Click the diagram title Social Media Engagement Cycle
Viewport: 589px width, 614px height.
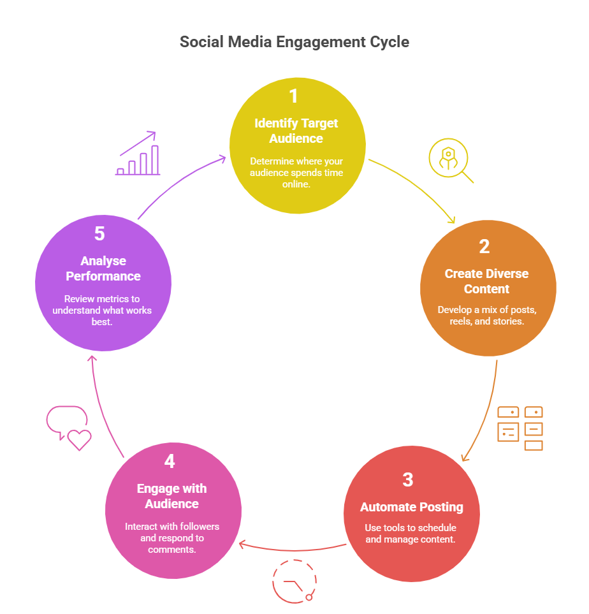(x=294, y=42)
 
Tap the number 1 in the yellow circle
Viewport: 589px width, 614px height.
(x=293, y=96)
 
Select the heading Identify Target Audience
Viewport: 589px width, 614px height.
(x=296, y=131)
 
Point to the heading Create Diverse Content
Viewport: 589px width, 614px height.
(x=486, y=281)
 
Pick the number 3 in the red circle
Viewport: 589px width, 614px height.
(x=408, y=479)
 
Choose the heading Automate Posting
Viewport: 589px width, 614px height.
(x=411, y=508)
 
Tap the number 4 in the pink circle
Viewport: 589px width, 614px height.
(x=170, y=461)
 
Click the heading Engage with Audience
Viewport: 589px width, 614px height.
(x=171, y=496)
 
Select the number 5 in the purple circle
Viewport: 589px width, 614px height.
(x=99, y=233)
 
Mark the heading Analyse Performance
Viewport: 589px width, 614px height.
(x=103, y=268)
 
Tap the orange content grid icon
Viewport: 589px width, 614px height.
(x=520, y=428)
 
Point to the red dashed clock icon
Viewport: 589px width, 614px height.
(x=294, y=581)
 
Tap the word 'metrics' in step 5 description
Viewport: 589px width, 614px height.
(x=105, y=299)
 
